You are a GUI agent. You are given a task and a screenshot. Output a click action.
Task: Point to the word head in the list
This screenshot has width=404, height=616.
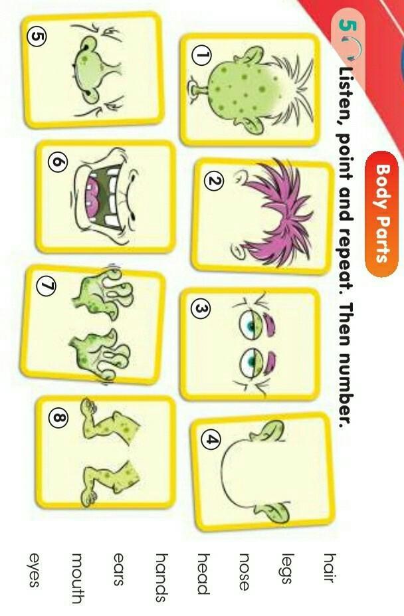click(x=203, y=573)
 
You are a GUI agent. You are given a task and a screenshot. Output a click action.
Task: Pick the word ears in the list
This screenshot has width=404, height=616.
click(x=118, y=569)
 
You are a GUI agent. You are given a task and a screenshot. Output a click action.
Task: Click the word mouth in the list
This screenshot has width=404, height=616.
click(x=77, y=578)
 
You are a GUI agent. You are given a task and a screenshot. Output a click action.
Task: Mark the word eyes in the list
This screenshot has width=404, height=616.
click(x=35, y=569)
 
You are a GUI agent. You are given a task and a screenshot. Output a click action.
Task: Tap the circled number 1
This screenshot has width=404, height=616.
click(x=201, y=57)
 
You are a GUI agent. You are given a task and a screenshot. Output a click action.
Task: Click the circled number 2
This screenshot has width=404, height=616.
click(x=214, y=181)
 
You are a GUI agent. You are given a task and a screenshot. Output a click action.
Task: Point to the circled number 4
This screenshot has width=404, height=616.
click(x=211, y=440)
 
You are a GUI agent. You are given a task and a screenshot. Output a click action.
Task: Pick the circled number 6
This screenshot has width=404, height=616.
click(x=58, y=163)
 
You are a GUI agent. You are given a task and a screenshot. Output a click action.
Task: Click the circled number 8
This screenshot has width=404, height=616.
click(x=58, y=419)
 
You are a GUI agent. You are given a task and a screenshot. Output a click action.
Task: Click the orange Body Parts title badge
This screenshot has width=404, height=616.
click(x=381, y=214)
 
